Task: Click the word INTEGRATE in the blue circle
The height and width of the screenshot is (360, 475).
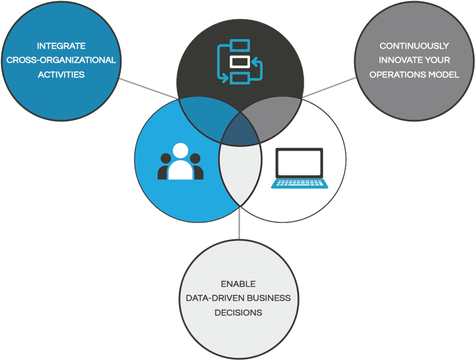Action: [61, 46]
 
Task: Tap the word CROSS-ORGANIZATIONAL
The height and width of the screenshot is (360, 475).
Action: [61, 60]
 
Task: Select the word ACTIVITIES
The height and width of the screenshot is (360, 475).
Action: [61, 75]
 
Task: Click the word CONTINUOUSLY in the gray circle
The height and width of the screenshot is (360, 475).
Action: [414, 46]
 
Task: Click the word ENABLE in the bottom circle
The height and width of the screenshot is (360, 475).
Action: [238, 284]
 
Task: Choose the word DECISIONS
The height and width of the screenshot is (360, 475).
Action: [238, 313]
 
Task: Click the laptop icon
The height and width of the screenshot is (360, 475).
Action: [299, 168]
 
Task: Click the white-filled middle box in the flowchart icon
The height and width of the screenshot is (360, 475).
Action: [239, 62]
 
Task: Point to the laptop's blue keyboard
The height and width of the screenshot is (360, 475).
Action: [300, 182]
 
